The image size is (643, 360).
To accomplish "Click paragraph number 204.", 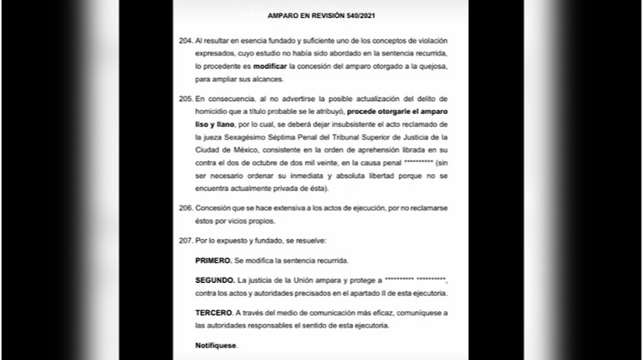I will [184, 40].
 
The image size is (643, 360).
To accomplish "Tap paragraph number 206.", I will [184, 208].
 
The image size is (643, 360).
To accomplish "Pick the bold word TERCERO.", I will [214, 313].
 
